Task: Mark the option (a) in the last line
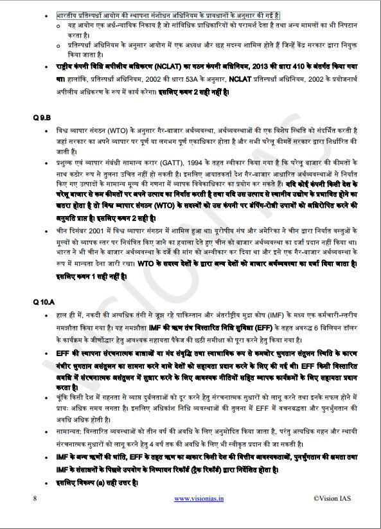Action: (x=96, y=482)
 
